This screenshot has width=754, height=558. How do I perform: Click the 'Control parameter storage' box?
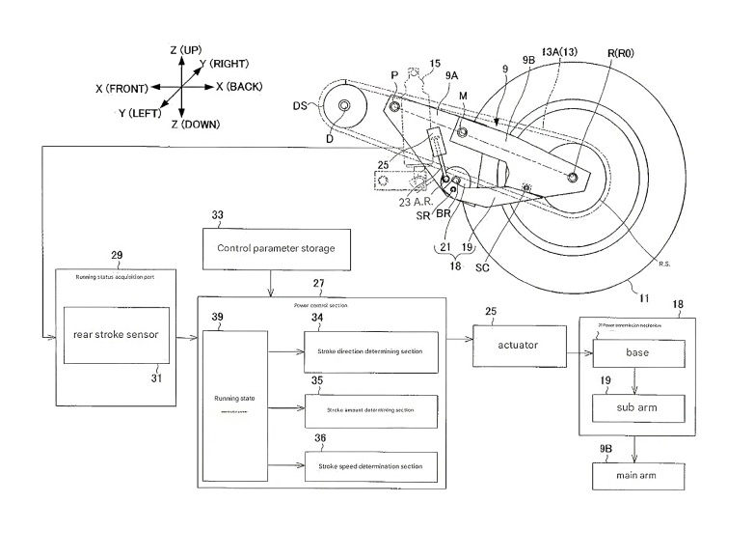click(x=277, y=248)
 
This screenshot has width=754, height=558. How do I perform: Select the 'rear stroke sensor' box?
click(x=116, y=337)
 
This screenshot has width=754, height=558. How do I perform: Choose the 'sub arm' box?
click(x=637, y=408)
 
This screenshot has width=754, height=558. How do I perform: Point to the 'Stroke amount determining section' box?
click(x=370, y=410)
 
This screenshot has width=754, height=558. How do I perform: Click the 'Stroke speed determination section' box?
click(x=370, y=467)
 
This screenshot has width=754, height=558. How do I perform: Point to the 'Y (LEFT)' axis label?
click(x=138, y=112)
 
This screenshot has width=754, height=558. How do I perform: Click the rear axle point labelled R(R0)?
click(x=575, y=178)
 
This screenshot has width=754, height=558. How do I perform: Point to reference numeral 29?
click(x=117, y=256)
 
